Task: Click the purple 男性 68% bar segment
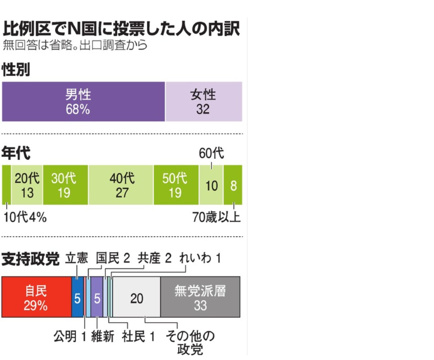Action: (x=83, y=102)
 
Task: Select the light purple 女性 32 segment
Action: (x=203, y=102)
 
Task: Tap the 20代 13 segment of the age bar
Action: (x=27, y=185)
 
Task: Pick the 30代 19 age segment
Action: (x=65, y=185)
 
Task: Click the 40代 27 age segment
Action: (x=121, y=185)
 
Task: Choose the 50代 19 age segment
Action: (x=176, y=185)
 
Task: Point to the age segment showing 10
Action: (x=211, y=185)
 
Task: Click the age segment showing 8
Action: (x=233, y=185)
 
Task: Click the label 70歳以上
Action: (x=217, y=218)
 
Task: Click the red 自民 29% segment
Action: (x=37, y=297)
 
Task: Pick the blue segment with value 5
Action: (x=77, y=297)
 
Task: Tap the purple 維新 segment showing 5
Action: (x=97, y=297)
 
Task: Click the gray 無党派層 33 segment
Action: (x=200, y=297)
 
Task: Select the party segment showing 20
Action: (x=137, y=297)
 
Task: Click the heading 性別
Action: (x=16, y=70)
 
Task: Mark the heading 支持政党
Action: (x=30, y=259)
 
